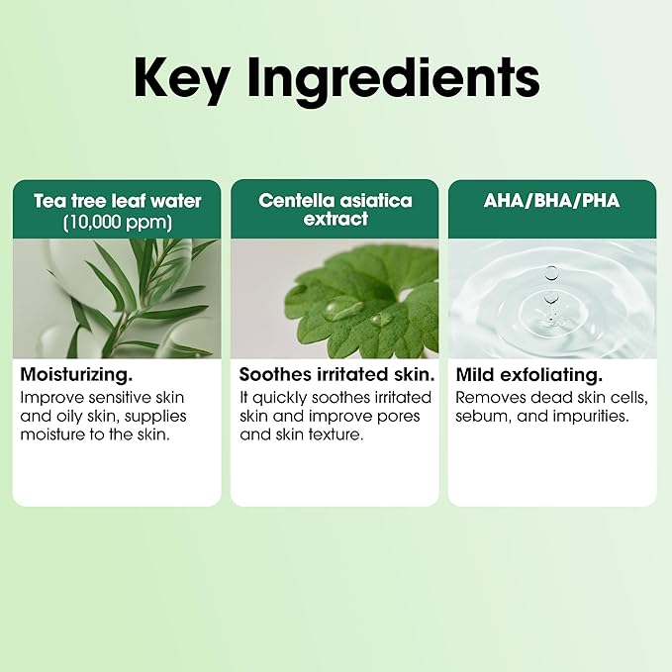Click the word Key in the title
pos(181,79)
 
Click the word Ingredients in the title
pos(394,79)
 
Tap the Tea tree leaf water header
pos(118,201)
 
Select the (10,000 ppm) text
pos(118,222)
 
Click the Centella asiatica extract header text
pos(336,210)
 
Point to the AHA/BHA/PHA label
pos(552,201)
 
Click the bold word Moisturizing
pos(76,375)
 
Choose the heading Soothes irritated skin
pos(336,374)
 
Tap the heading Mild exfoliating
pos(529,375)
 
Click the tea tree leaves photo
pos(117,298)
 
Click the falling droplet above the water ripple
pos(552,272)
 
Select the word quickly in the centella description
pos(279,398)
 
